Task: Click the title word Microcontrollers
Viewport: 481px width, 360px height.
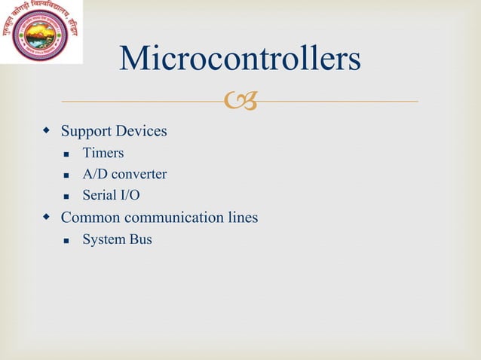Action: pyautogui.click(x=240, y=60)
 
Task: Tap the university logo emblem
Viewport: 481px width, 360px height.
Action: pyautogui.click(x=40, y=34)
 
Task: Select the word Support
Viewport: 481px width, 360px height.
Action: pyautogui.click(x=84, y=132)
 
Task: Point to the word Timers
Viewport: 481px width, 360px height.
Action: pyautogui.click(x=103, y=154)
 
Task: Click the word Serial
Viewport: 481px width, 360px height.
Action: pyautogui.click(x=99, y=196)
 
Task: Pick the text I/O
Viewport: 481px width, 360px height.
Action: pyautogui.click(x=130, y=196)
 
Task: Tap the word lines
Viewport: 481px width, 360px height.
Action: pyautogui.click(x=244, y=218)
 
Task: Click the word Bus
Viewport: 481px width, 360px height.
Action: pyautogui.click(x=140, y=240)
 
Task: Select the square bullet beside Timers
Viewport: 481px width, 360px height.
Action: pyautogui.click(x=66, y=154)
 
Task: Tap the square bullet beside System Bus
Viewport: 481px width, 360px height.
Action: pyautogui.click(x=66, y=241)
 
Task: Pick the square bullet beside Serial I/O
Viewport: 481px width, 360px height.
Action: pyautogui.click(x=66, y=197)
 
